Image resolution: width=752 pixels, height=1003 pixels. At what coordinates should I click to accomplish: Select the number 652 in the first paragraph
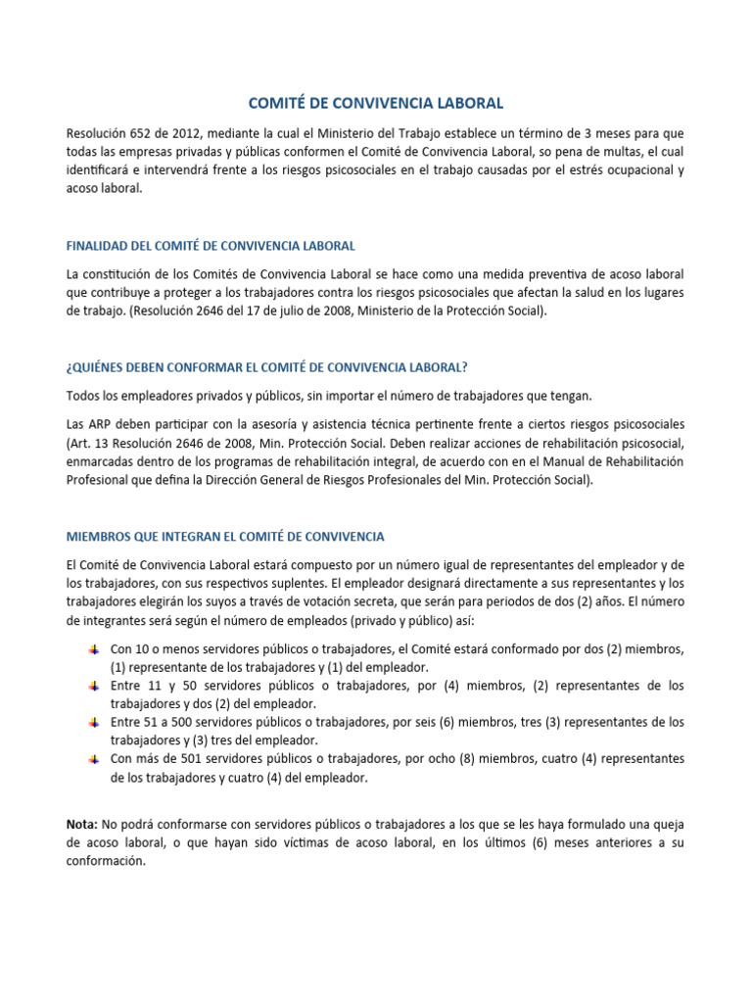tap(150, 132)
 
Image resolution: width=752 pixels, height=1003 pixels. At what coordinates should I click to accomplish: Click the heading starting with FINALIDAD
tap(211, 244)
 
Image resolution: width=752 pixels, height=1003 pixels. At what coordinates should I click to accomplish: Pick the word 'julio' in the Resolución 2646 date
tap(292, 311)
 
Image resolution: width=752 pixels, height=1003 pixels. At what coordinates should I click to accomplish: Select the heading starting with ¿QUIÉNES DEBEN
tap(266, 367)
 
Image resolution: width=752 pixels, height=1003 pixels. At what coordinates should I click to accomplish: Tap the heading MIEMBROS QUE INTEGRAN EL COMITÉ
tap(225, 536)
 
